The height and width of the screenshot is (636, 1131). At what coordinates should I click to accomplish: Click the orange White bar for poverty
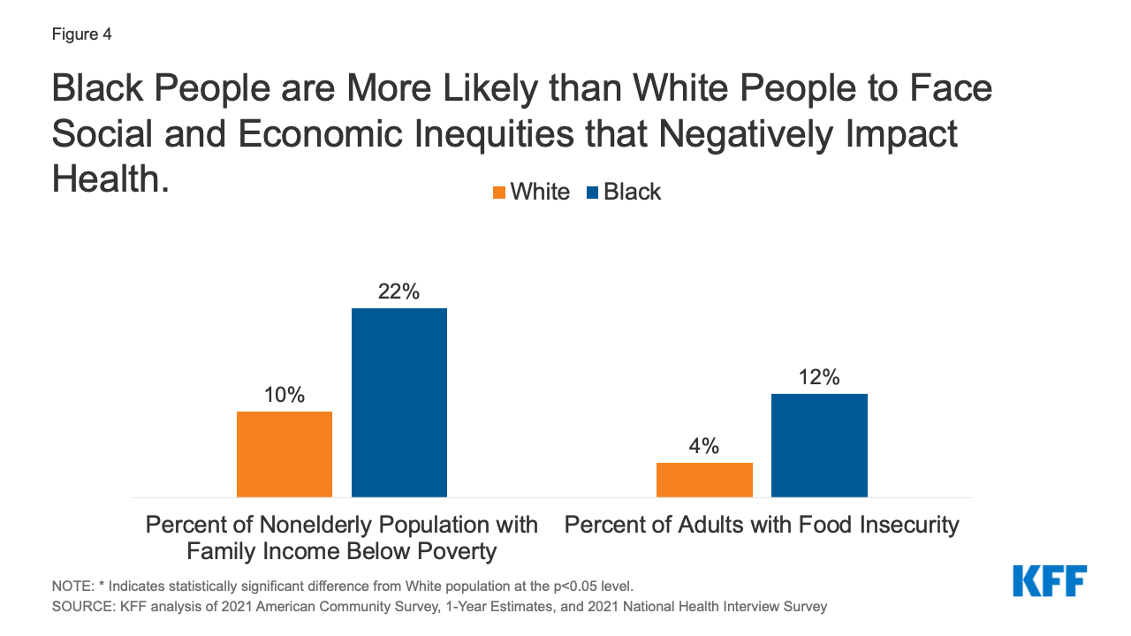click(285, 454)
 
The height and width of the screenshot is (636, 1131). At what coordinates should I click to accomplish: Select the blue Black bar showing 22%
click(399, 403)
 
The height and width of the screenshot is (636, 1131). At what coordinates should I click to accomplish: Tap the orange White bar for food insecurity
click(704, 480)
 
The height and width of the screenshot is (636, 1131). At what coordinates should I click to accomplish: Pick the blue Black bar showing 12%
click(819, 445)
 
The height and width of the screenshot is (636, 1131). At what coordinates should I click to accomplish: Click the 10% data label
click(285, 395)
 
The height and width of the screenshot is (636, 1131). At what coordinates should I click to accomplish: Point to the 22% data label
click(399, 291)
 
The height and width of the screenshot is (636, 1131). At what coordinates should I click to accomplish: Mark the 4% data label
click(704, 446)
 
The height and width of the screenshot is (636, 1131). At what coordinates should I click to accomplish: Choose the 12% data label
click(819, 377)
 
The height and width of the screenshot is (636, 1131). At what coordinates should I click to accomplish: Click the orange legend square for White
click(499, 193)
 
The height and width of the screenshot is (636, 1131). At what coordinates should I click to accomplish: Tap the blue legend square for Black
click(592, 193)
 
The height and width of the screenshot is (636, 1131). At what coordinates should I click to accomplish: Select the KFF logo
click(1050, 580)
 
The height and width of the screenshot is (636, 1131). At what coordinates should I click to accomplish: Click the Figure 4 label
click(81, 35)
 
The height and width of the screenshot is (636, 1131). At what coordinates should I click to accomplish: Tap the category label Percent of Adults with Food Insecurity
click(762, 525)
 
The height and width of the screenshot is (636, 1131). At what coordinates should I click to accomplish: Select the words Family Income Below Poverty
click(341, 552)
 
